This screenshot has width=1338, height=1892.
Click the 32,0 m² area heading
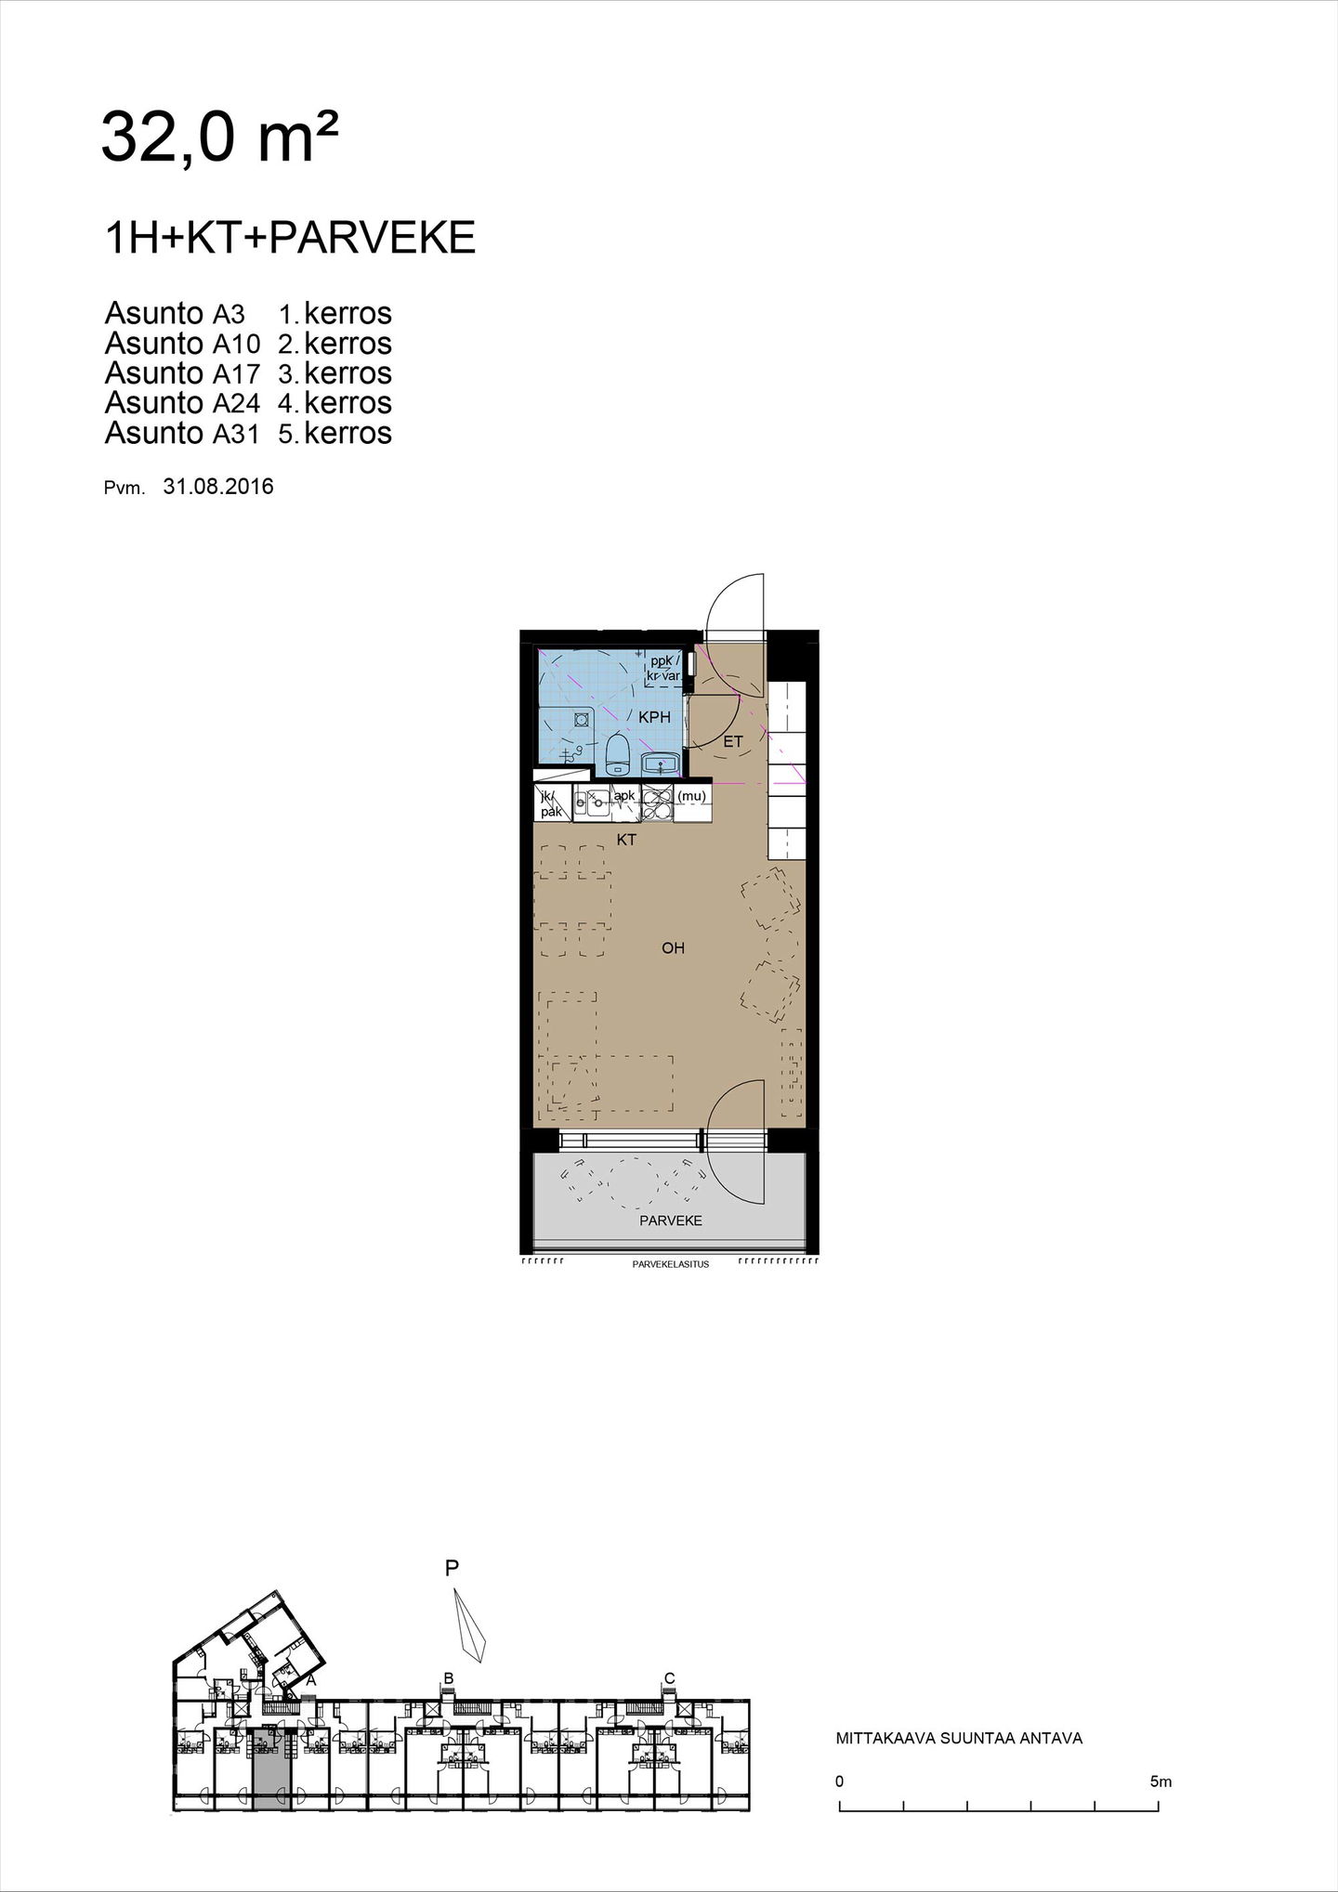pos(218,137)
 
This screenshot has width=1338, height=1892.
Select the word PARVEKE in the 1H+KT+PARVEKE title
pos(372,239)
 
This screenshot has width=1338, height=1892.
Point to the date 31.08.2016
pos(218,486)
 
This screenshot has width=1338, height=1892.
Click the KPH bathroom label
pos(654,717)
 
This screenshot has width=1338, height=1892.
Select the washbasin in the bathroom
pos(661,763)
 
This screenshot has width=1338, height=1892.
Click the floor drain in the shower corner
pos(582,718)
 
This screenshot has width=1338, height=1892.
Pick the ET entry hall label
pos(733,741)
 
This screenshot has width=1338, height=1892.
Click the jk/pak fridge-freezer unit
pos(551,803)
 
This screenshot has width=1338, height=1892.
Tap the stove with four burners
pos(657,802)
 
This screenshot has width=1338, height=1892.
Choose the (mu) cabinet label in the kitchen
pos(691,796)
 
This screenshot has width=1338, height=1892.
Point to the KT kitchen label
pos(627,840)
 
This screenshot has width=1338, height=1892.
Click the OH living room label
pos(673,948)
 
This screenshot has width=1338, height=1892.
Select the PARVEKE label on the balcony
pos(671,1220)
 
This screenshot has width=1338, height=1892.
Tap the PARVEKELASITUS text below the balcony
pos(671,1264)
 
